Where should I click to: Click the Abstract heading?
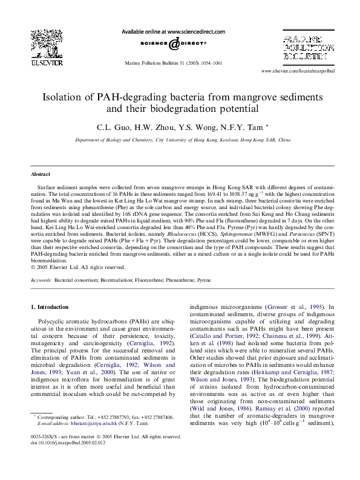(42, 173)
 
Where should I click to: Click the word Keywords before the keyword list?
(41, 281)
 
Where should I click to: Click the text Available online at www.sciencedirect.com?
(174, 31)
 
